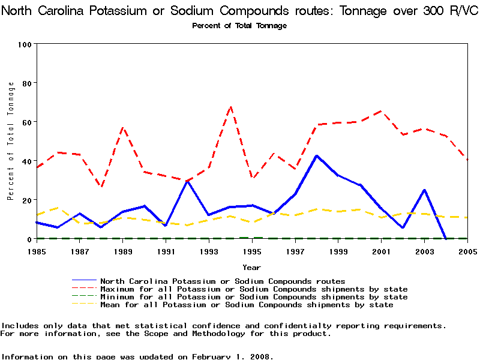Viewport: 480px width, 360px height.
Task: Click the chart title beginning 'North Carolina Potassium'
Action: point(239,11)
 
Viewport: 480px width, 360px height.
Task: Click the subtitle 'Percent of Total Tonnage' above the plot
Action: point(239,26)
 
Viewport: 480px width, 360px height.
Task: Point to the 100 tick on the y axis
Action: point(25,44)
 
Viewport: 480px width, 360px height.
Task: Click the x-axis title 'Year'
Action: point(251,267)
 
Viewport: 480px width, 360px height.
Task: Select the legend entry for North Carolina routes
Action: point(223,281)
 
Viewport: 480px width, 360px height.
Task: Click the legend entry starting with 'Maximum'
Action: point(254,289)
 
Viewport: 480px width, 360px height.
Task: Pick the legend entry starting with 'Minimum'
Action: point(254,297)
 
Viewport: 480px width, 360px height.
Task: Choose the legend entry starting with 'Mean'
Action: point(247,305)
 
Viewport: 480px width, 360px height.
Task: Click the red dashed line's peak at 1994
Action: point(230,107)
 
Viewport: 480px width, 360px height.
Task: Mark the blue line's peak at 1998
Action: point(316,156)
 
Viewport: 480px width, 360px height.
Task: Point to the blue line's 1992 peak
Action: point(187,181)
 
